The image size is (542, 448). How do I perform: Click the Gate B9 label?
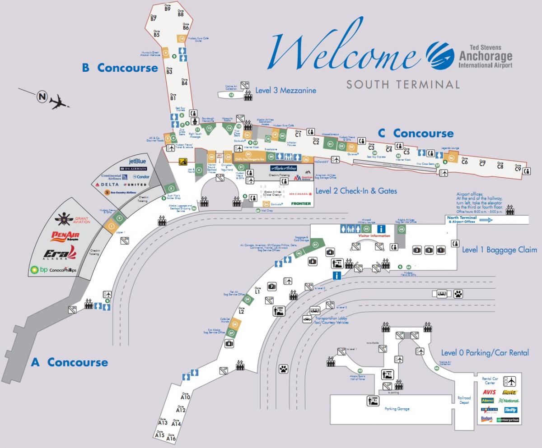(167, 8)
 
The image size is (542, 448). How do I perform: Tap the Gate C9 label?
(518, 168)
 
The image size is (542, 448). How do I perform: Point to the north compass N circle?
(42, 96)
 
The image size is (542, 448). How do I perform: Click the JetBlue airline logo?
(138, 161)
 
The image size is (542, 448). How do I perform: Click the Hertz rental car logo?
(510, 393)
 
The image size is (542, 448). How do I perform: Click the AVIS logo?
(489, 392)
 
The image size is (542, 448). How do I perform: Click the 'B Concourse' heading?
(120, 68)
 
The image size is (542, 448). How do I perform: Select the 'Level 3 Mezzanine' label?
(285, 90)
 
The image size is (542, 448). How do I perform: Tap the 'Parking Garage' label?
(397, 409)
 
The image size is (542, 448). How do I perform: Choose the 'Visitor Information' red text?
(374, 236)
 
